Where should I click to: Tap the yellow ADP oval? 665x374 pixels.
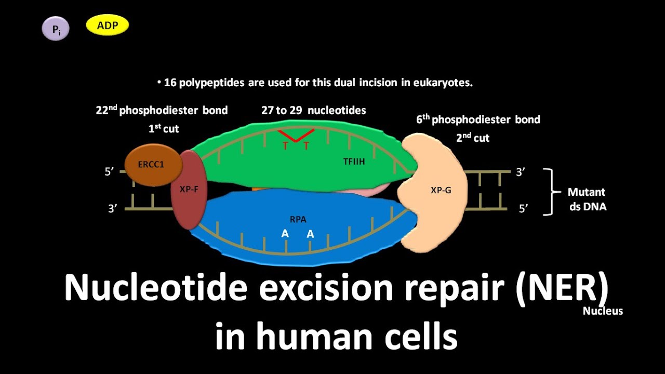tap(107, 25)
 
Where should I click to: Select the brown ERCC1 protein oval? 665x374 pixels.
tap(151, 165)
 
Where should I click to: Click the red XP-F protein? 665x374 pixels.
tap(189, 190)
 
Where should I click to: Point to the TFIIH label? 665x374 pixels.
tap(354, 162)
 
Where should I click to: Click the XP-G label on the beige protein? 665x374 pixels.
tap(441, 190)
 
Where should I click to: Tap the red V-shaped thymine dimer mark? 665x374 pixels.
tap(296, 135)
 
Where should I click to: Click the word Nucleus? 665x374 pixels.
tap(602, 311)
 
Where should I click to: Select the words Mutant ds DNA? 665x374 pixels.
tap(587, 199)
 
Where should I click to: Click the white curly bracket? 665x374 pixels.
tap(548, 192)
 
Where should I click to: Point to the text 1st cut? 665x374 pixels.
tap(164, 128)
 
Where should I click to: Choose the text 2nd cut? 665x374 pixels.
tap(473, 138)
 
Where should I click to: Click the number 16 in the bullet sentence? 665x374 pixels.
tap(170, 83)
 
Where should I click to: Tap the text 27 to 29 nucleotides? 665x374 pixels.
tap(313, 110)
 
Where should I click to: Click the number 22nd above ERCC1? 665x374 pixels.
tap(107, 110)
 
